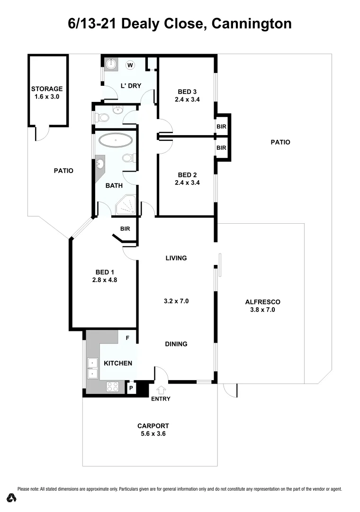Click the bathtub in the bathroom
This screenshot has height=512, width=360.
point(116,141)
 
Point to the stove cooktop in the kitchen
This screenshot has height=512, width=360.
point(113,387)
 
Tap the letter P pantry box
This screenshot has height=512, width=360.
point(131,388)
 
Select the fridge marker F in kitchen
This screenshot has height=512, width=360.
point(127,338)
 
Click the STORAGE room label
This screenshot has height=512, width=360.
point(47,89)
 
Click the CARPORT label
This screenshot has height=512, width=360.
point(153,426)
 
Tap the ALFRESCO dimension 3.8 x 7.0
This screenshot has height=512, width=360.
point(263,310)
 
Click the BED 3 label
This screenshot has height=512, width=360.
point(187,91)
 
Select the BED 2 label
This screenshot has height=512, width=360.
point(187,174)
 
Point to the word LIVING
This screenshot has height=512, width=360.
point(176,258)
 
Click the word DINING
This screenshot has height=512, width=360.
point(176,344)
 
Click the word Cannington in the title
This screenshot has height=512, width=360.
point(252,24)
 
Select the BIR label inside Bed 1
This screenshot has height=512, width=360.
point(125,229)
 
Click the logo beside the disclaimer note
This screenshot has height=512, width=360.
point(12,498)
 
